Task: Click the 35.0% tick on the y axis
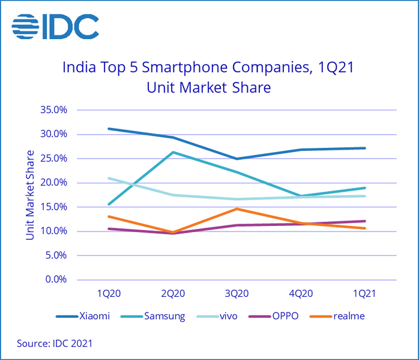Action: pyautogui.click(x=54, y=110)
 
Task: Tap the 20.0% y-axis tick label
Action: pyautogui.click(x=54, y=183)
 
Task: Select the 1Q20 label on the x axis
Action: pyautogui.click(x=109, y=293)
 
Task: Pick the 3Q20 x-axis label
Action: pyautogui.click(x=237, y=293)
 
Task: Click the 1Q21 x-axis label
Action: pyautogui.click(x=364, y=293)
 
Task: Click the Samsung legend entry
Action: pyautogui.click(x=161, y=316)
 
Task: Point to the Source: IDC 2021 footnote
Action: pyautogui.click(x=55, y=343)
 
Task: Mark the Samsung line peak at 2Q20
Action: pyautogui.click(x=173, y=152)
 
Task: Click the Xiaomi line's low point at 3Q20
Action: pyautogui.click(x=237, y=159)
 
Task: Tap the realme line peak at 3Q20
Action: pyautogui.click(x=237, y=209)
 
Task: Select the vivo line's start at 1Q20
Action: pyautogui.click(x=109, y=178)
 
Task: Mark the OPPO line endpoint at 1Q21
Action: pyautogui.click(x=364, y=221)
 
